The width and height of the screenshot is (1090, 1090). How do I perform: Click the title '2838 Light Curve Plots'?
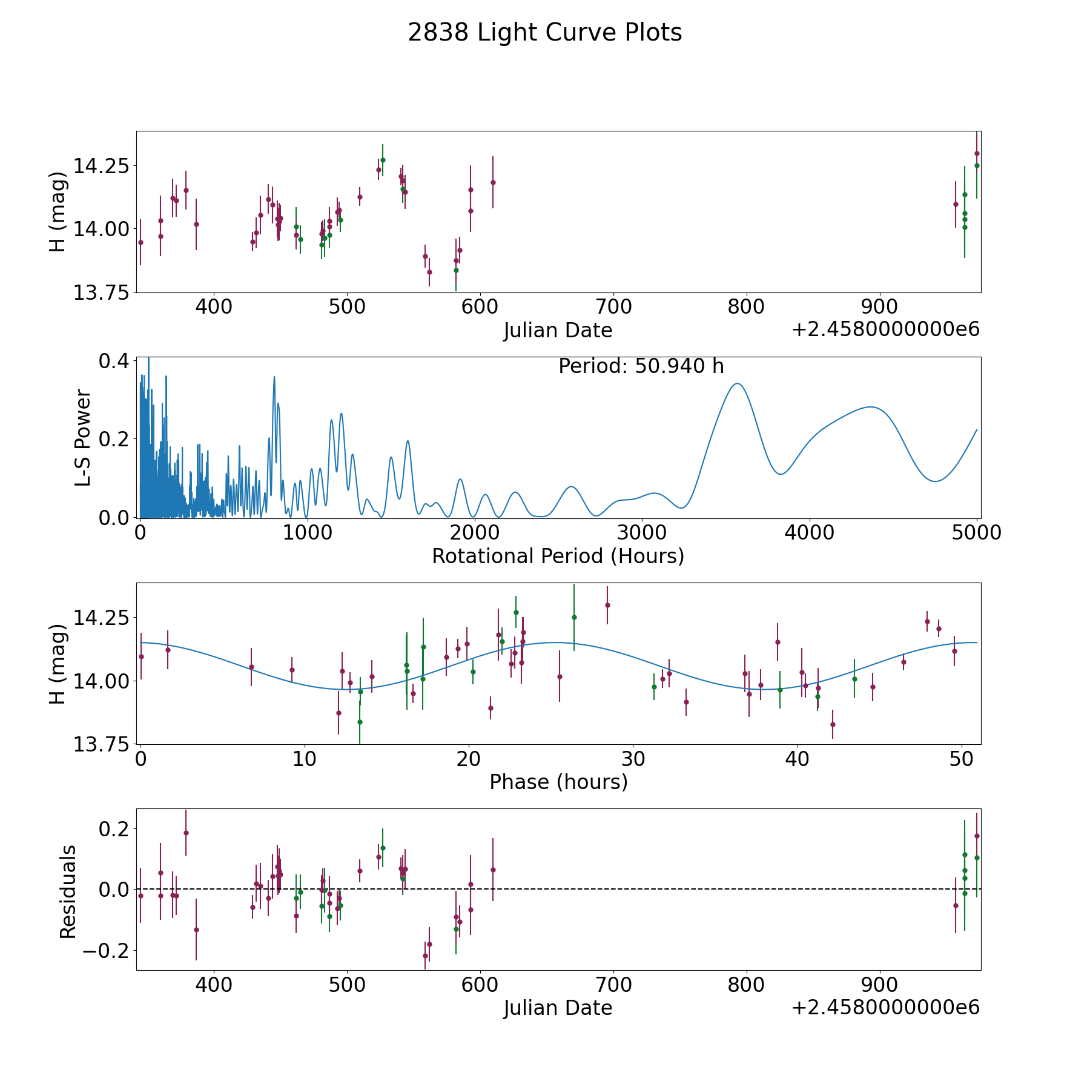[x=545, y=33]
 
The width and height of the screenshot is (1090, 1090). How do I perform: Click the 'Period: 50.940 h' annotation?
[x=641, y=366]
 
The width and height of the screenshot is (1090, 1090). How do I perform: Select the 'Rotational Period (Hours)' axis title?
[x=558, y=556]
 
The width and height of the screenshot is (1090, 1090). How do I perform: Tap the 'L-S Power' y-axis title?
[x=83, y=438]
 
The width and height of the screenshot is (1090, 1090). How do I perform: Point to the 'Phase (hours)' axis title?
[x=558, y=782]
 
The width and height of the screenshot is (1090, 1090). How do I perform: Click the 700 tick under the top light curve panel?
[x=613, y=307]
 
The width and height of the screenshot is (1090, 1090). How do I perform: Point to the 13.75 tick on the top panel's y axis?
[x=101, y=292]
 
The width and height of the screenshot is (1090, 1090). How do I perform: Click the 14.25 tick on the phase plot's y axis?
[x=101, y=618]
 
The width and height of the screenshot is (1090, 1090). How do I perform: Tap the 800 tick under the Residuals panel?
[x=746, y=985]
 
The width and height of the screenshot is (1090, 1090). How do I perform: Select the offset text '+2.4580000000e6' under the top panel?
[x=886, y=329]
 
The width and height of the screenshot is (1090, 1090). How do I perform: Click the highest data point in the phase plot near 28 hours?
[x=607, y=605]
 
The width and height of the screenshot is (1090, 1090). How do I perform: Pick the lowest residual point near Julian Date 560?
[x=425, y=956]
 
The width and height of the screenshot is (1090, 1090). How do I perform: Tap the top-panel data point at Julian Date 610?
[x=493, y=182]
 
